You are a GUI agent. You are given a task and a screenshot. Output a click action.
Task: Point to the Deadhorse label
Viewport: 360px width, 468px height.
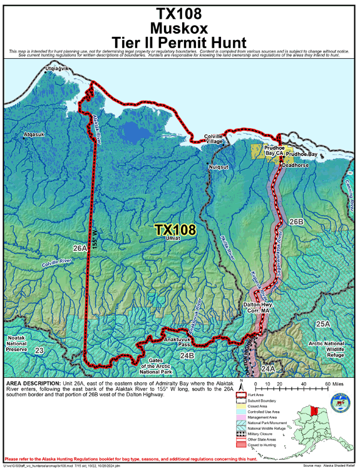coord(296,165)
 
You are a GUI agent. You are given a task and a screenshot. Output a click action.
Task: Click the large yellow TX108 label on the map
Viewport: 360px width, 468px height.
coord(175,230)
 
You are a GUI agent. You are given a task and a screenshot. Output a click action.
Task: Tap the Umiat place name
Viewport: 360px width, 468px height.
coord(173,238)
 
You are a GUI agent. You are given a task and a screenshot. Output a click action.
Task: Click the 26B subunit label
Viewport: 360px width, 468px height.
coord(296,222)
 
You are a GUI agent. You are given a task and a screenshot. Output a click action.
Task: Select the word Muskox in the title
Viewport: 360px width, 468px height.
coord(180,28)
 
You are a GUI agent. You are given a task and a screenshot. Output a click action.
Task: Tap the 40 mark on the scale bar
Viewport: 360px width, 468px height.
coord(303,383)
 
